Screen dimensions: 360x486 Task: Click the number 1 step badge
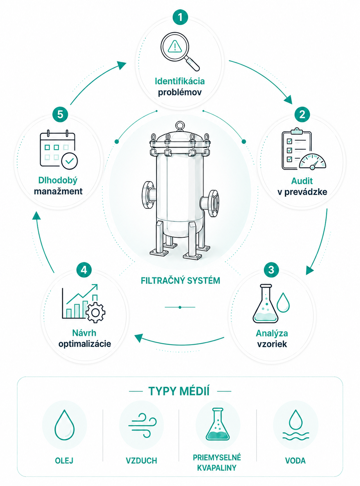[x=180, y=17]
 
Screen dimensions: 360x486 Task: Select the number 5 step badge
[x=60, y=114]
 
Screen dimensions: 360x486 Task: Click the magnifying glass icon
[x=180, y=52]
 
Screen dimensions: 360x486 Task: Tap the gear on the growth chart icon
[x=95, y=313]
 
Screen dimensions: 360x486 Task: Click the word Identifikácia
[x=180, y=81]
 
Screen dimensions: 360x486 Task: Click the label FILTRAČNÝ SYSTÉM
[x=180, y=281]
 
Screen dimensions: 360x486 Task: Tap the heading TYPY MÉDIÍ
[x=179, y=391]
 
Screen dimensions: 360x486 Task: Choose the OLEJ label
[x=64, y=460]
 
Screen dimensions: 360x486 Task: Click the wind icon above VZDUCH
[x=142, y=426]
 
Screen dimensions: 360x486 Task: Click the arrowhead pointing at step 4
[x=139, y=338]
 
